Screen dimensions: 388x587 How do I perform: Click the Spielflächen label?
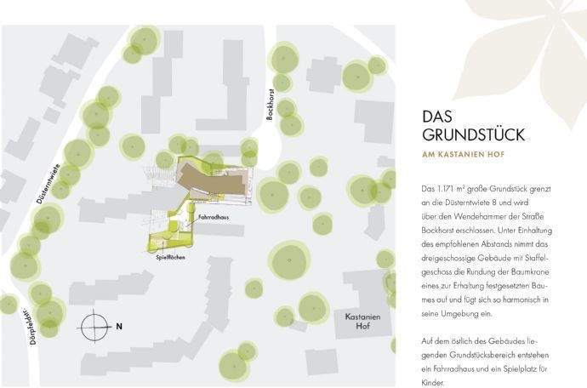(171, 256)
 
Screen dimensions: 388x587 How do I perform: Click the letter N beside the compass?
(119, 325)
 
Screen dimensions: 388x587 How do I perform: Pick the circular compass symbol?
(93, 325)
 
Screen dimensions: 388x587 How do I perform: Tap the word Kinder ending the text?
(434, 383)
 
